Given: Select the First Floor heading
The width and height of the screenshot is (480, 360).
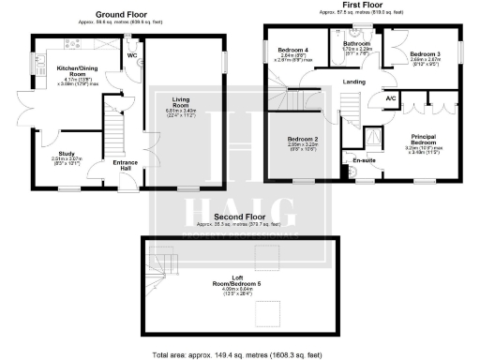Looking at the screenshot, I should (x=361, y=5).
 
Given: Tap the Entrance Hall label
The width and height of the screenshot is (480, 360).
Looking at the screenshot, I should (x=126, y=166).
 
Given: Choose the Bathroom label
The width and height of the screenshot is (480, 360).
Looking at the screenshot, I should (x=356, y=43).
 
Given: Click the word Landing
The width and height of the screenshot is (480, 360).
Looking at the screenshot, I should (x=354, y=82).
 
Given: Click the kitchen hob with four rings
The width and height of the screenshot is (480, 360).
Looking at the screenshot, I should (x=68, y=45).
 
